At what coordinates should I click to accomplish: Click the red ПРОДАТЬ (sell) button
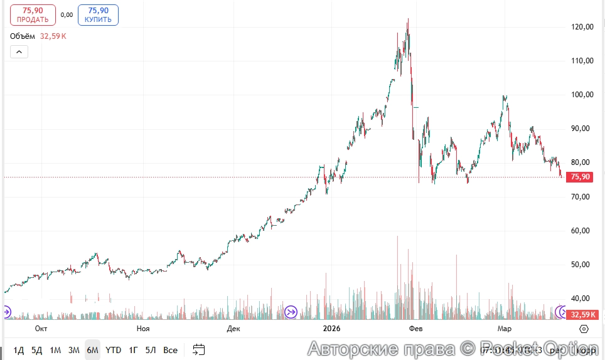(33, 15)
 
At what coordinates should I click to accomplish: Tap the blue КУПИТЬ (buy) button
(98, 15)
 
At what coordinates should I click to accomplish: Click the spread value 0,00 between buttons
(67, 15)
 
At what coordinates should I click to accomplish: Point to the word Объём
(23, 36)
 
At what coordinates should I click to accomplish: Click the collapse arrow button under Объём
(19, 52)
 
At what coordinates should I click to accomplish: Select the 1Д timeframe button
(19, 350)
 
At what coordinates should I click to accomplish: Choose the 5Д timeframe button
(37, 350)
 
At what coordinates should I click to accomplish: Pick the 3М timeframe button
(74, 350)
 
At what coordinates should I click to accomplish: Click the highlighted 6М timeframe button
(92, 350)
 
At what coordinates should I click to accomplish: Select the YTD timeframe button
(113, 350)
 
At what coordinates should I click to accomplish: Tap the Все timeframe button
(170, 350)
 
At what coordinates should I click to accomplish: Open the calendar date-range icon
(199, 350)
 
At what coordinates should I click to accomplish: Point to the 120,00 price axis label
(579, 27)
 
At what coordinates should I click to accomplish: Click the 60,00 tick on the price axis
(579, 231)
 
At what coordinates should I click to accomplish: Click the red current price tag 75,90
(579, 177)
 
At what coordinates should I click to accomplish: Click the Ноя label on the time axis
(143, 329)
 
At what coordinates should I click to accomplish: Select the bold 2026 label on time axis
(331, 329)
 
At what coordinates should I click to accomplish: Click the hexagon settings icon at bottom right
(584, 329)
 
